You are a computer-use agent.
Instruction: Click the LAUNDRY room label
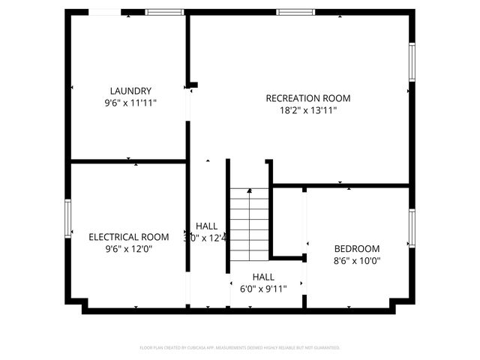click(x=130, y=91)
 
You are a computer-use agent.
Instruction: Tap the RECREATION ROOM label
click(x=308, y=98)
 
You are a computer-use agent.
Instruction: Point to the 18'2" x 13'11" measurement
click(x=308, y=110)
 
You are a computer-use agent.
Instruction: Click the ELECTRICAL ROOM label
click(x=129, y=237)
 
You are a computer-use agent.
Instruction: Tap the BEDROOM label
click(x=357, y=249)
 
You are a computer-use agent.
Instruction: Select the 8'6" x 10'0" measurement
click(x=357, y=261)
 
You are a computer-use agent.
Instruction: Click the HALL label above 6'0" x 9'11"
click(x=263, y=276)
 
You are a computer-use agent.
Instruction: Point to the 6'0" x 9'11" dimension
click(x=263, y=288)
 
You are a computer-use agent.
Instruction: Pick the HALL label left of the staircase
click(x=207, y=226)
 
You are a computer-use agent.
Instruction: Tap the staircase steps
click(x=250, y=225)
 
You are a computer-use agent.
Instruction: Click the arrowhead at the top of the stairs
click(x=250, y=191)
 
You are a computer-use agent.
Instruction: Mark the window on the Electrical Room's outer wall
click(x=67, y=218)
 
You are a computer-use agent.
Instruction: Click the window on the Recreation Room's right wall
click(x=411, y=61)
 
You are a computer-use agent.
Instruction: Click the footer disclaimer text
click(x=240, y=348)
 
